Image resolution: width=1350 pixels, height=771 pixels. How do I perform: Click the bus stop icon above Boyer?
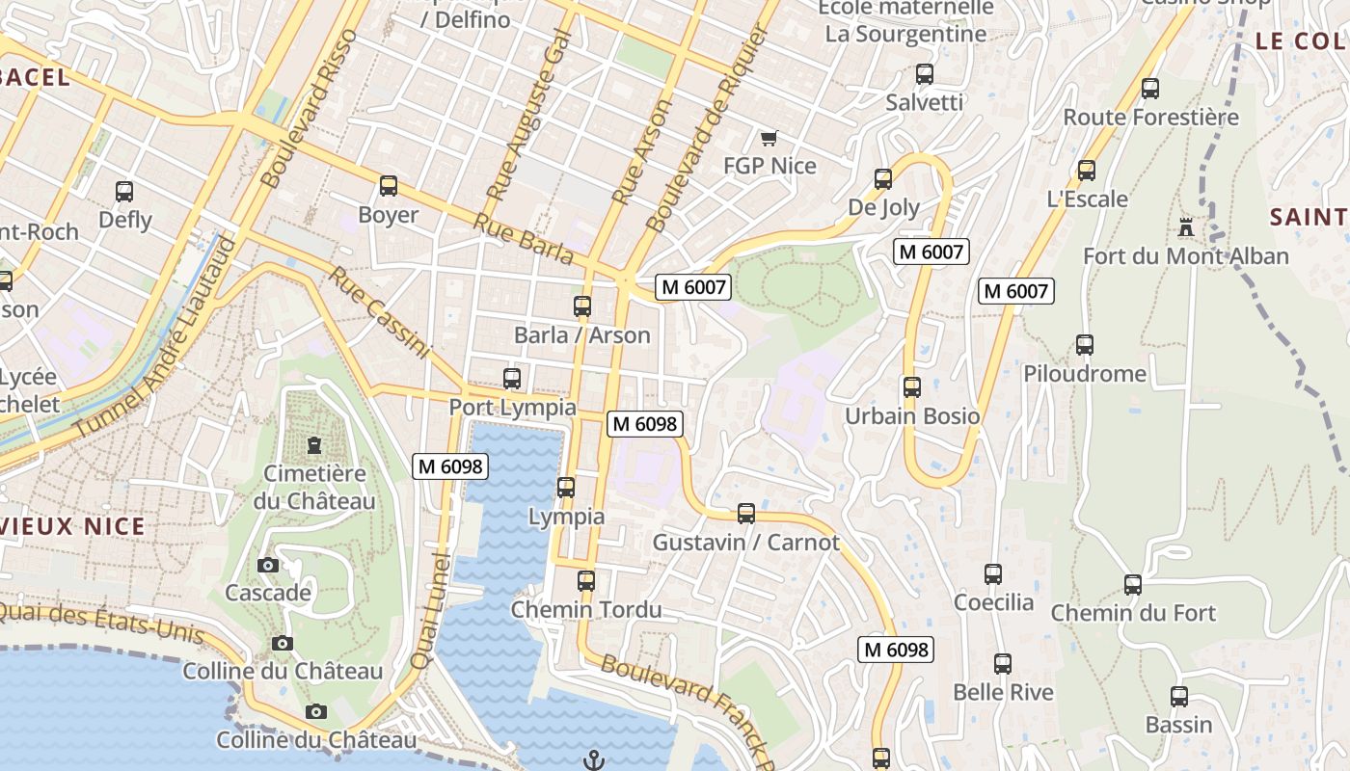click(389, 186)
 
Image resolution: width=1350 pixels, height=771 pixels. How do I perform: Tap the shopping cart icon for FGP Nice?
click(769, 139)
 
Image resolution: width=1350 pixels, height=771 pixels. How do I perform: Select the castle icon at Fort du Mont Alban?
click(1185, 228)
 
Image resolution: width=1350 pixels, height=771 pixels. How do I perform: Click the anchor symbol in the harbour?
click(594, 760)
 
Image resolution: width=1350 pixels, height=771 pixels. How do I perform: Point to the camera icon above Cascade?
click(268, 565)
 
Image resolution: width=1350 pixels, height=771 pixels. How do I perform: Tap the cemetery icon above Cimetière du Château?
click(314, 445)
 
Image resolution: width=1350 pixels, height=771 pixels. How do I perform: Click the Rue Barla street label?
click(523, 238)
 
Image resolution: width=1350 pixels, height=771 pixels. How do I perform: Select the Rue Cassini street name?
click(378, 312)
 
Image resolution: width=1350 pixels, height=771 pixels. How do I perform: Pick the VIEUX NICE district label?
click(73, 526)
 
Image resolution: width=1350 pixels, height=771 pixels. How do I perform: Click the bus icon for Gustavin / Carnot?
click(746, 514)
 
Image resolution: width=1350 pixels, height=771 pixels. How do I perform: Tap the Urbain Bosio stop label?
click(912, 416)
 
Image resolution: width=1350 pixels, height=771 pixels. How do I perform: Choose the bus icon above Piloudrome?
click(1085, 345)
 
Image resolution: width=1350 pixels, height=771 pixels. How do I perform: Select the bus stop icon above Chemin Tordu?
click(586, 581)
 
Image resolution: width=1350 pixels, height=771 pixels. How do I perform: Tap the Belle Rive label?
click(1003, 692)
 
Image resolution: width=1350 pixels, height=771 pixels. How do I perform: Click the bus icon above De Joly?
click(883, 179)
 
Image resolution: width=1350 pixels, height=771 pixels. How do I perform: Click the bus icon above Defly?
click(124, 192)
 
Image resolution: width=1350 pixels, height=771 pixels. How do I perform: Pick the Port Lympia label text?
click(512, 408)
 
